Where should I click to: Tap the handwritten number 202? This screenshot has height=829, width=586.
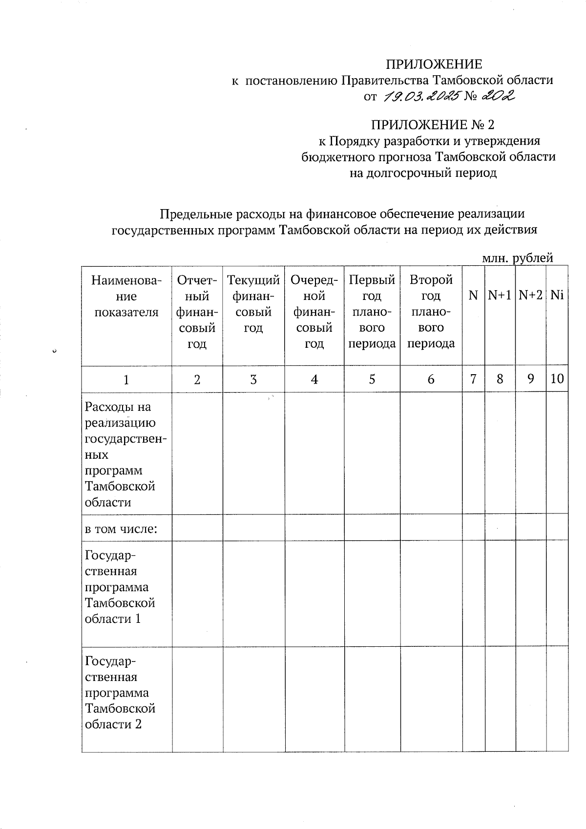[x=497, y=96]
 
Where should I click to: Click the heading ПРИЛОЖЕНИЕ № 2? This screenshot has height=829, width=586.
[x=433, y=125]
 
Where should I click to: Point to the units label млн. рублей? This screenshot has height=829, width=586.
[x=518, y=257]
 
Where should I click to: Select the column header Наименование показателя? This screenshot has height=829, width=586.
[x=126, y=296]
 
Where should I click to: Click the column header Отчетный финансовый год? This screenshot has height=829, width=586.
[x=197, y=312]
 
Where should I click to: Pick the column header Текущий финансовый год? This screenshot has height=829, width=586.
[x=253, y=304]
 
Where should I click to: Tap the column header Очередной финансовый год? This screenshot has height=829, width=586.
[x=314, y=312]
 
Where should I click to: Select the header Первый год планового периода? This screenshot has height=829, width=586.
[x=372, y=312]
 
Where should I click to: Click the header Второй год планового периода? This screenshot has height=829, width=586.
[x=431, y=312]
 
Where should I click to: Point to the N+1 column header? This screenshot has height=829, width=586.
[x=500, y=296]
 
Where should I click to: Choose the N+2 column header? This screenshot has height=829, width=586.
[x=531, y=296]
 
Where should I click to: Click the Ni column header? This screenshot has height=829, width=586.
[x=557, y=296]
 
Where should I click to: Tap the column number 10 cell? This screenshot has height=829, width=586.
[x=557, y=379]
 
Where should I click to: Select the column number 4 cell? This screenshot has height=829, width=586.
[x=314, y=379]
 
